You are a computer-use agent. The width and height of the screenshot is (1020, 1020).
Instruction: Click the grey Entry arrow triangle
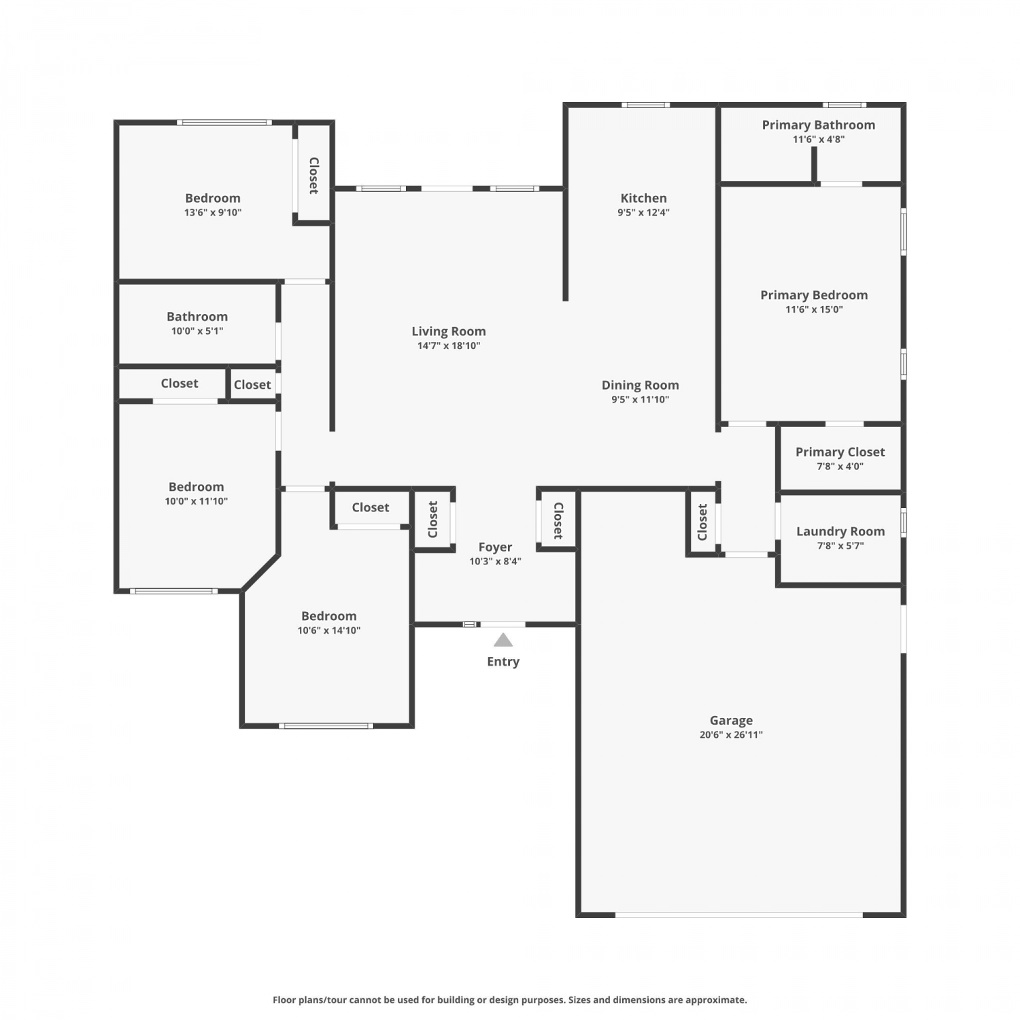click(x=503, y=640)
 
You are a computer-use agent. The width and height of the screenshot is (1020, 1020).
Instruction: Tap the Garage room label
click(x=731, y=720)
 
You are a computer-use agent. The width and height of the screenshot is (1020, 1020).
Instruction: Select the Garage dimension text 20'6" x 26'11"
click(x=731, y=734)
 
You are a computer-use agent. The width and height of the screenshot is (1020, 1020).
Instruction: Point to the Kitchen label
click(x=643, y=198)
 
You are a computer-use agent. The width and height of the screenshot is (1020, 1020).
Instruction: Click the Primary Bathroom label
click(x=818, y=125)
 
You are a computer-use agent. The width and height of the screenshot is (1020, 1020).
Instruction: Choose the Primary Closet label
click(x=840, y=452)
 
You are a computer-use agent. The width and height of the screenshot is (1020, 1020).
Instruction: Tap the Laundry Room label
click(x=840, y=532)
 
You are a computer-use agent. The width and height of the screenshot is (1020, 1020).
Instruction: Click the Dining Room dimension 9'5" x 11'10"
click(x=640, y=399)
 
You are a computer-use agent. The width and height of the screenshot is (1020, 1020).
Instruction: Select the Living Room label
click(x=449, y=331)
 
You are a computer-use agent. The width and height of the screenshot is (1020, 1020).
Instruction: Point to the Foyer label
click(x=495, y=547)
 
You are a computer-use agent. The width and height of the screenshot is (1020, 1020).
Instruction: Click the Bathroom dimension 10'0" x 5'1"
click(x=197, y=331)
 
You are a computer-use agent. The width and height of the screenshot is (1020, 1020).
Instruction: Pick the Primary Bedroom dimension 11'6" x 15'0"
click(x=814, y=309)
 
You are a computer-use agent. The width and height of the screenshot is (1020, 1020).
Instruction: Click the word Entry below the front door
click(x=503, y=662)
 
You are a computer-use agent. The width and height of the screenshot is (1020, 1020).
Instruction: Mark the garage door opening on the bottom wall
click(x=739, y=915)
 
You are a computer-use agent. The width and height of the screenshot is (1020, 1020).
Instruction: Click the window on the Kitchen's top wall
click(x=645, y=105)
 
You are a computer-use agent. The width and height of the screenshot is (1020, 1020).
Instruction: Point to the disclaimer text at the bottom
click(x=509, y=1000)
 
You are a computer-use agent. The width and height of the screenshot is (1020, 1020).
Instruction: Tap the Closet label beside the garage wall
click(x=702, y=522)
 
